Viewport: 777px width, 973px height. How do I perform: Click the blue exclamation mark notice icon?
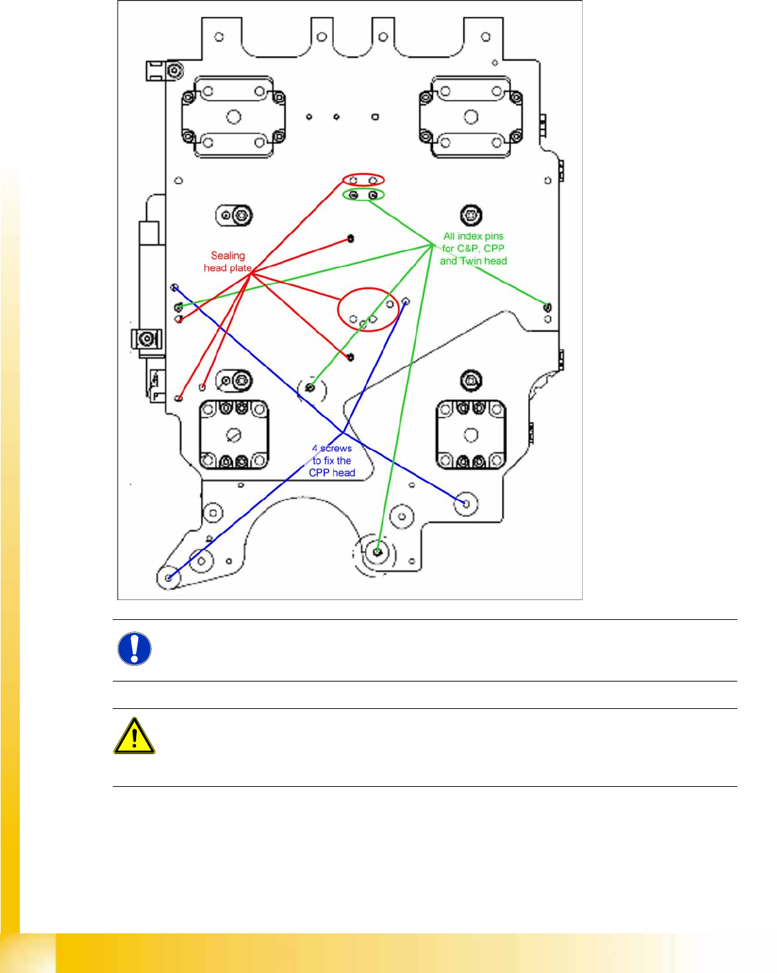point(134,649)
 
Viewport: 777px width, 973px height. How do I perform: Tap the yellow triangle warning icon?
point(134,737)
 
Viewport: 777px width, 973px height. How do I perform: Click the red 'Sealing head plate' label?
point(228,261)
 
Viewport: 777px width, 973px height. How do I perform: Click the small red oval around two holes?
point(363,180)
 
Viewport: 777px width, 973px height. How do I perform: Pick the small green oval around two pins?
point(363,195)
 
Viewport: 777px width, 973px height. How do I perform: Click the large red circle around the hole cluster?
point(368,310)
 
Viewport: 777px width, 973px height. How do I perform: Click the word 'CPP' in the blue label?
point(319,473)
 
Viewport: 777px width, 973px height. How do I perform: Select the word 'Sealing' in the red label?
point(228,255)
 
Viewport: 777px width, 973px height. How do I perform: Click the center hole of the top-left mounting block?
point(234,117)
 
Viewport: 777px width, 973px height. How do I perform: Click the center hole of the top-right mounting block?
point(471,117)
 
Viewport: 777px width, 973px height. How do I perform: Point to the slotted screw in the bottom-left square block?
point(234,435)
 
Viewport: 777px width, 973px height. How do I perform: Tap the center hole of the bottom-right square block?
point(471,435)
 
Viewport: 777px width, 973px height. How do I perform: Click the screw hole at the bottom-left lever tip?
point(168,578)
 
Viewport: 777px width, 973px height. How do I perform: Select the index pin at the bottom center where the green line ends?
point(378,550)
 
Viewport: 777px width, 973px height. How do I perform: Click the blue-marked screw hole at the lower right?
point(466,504)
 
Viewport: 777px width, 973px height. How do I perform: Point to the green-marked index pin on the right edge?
point(547,307)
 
